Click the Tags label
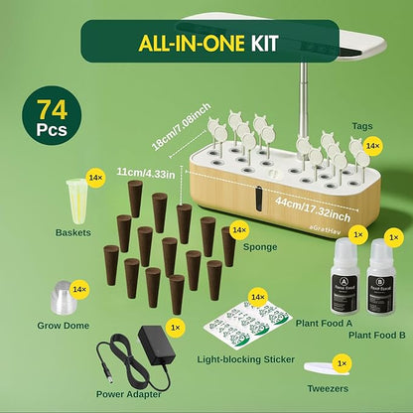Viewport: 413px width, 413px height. tap(362, 126)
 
